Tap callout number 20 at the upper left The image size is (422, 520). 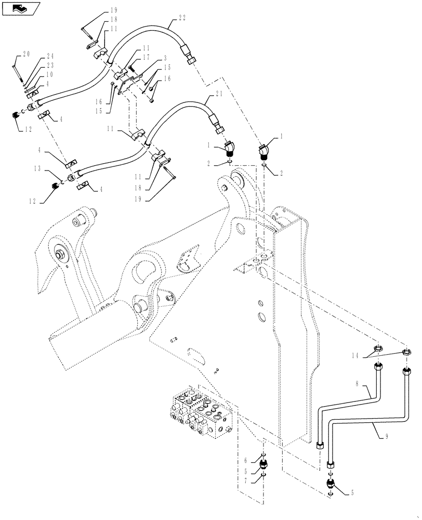tap(26, 54)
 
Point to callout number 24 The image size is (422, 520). tap(50, 56)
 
